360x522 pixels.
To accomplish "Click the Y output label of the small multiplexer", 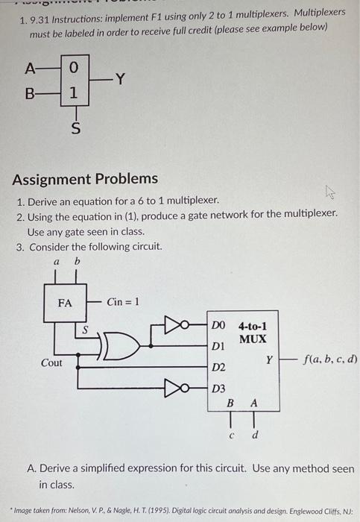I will (120, 79).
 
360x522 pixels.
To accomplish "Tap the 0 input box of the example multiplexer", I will (73, 68).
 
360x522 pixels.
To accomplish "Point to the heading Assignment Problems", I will (85, 178).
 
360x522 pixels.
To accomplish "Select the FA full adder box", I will (65, 304).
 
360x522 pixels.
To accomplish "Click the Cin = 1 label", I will (123, 302).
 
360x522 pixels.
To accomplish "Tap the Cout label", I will (51, 362).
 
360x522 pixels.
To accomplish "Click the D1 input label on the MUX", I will (218, 347).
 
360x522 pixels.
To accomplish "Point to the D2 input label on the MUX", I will (218, 368).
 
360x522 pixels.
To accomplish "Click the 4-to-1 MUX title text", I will (252, 333).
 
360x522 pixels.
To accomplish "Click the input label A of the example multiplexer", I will (29, 68).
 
